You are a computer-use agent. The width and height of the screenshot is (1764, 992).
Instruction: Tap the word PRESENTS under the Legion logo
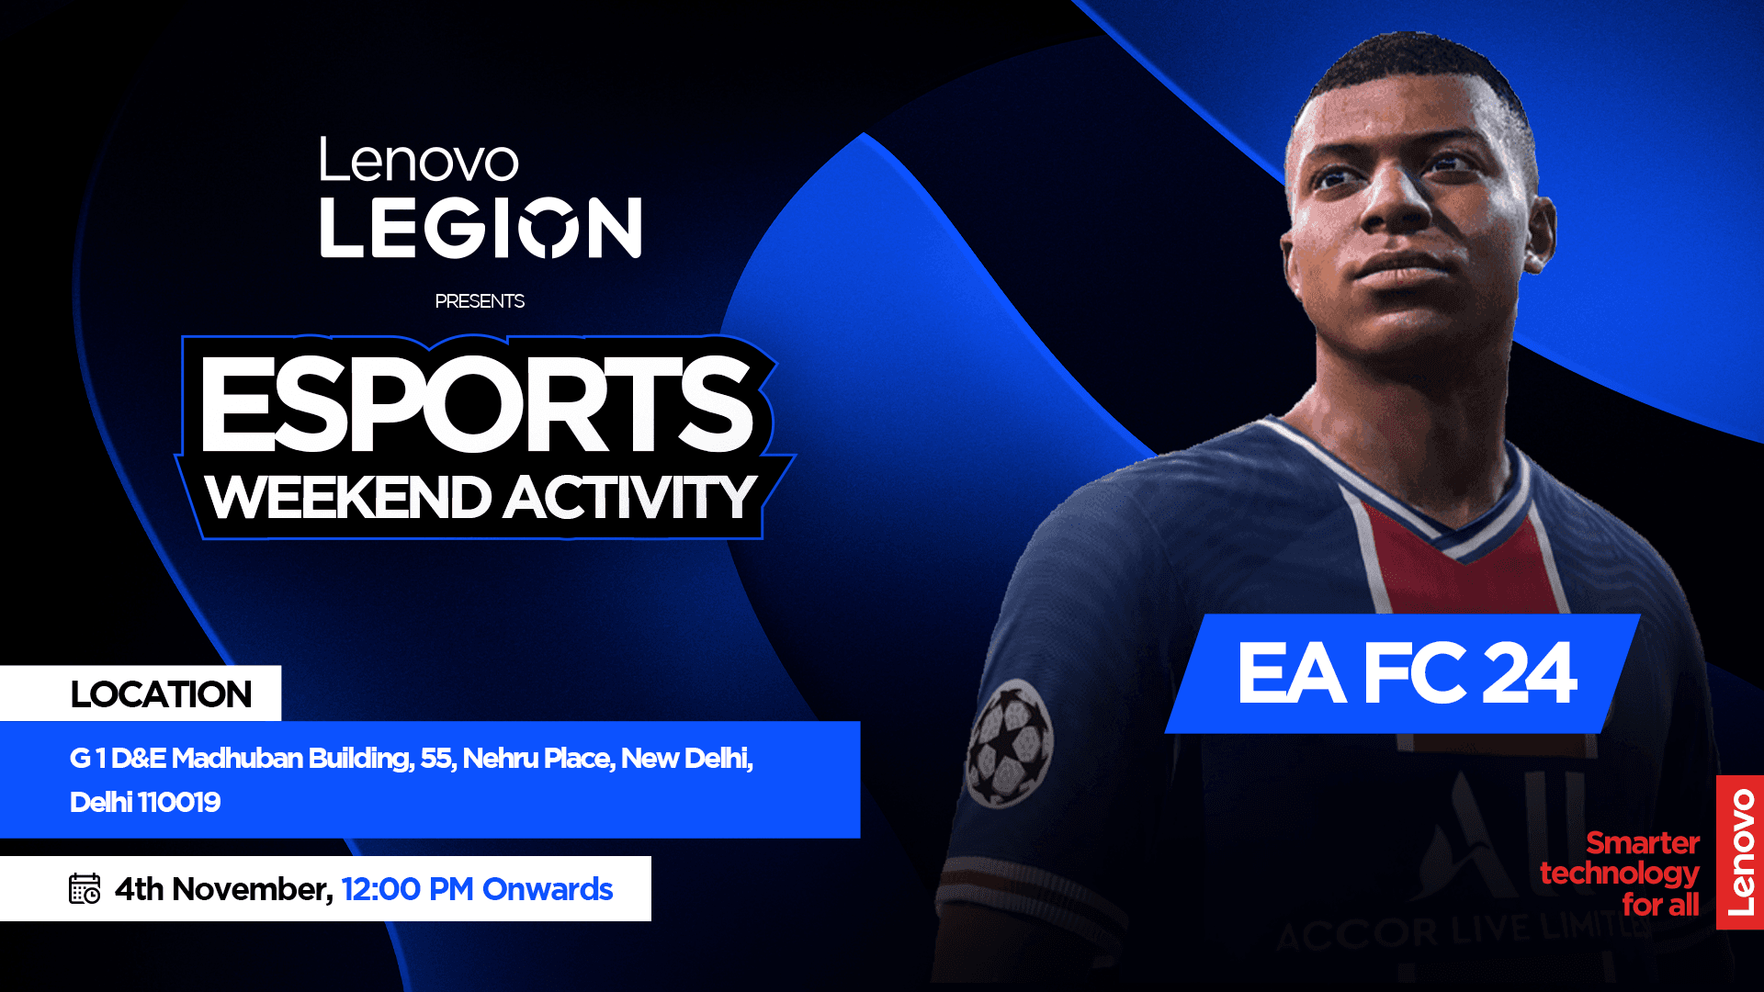coord(480,301)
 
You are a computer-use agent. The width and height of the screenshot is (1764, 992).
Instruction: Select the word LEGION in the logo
coord(481,227)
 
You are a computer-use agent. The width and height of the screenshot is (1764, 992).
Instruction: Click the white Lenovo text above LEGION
coord(419,161)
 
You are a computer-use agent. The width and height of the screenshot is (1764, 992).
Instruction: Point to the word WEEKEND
coord(348,498)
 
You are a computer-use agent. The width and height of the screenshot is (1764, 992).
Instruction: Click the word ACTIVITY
coord(629,498)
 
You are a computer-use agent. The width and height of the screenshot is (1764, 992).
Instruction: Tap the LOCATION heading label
coord(161,694)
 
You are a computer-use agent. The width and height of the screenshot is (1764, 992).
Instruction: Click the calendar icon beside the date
coord(85,888)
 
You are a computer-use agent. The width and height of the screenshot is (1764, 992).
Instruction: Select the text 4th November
coord(223,889)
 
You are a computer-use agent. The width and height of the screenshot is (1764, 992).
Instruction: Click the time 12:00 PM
coord(407,889)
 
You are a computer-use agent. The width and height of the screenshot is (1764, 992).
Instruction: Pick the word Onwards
coord(548,889)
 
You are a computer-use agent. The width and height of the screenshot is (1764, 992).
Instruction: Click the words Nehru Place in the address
coord(537,758)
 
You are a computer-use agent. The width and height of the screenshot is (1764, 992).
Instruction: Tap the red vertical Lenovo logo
coord(1740,852)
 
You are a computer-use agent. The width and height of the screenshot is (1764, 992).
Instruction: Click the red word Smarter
coord(1643,842)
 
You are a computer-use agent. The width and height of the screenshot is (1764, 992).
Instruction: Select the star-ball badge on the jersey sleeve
coord(1010,744)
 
